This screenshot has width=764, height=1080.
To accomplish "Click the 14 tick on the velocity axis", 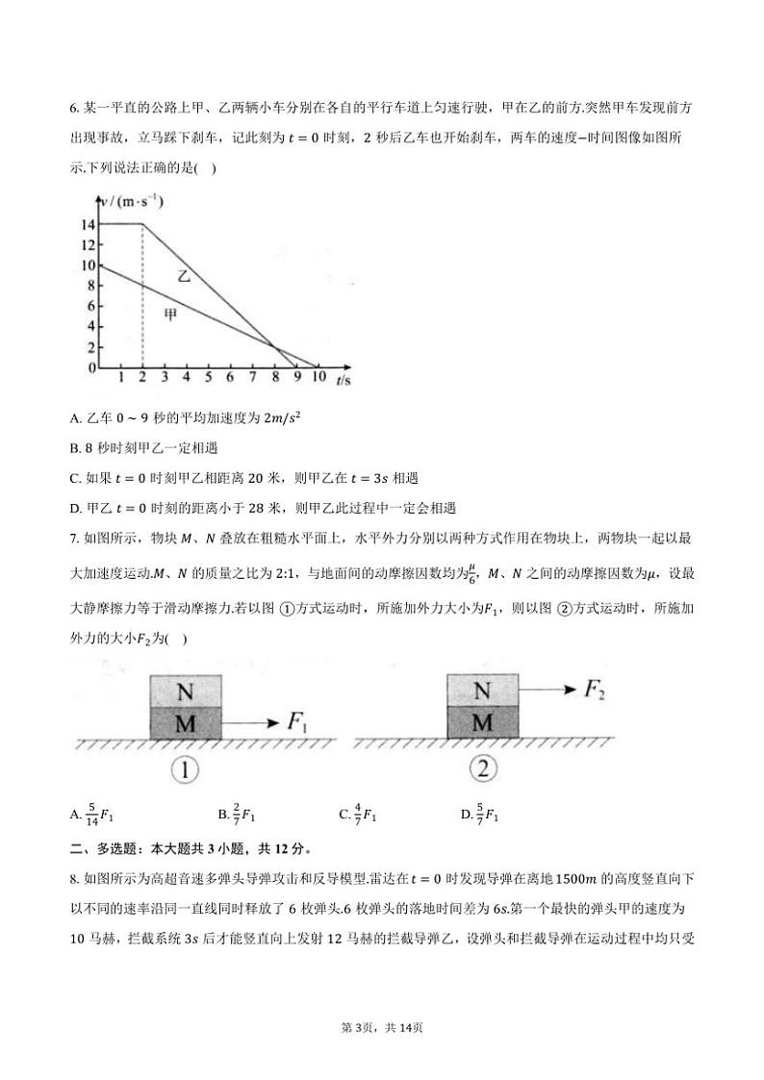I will coord(88,224).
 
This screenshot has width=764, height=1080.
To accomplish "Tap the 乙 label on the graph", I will coord(183,276).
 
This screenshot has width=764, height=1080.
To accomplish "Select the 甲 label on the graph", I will coord(169,314).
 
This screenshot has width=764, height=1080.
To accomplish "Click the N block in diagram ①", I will coord(185,691).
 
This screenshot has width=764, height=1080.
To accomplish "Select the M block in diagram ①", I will coord(185,723).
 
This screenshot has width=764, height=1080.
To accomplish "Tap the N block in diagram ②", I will coord(483,691).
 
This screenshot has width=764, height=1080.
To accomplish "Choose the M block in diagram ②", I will coord(483,722).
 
